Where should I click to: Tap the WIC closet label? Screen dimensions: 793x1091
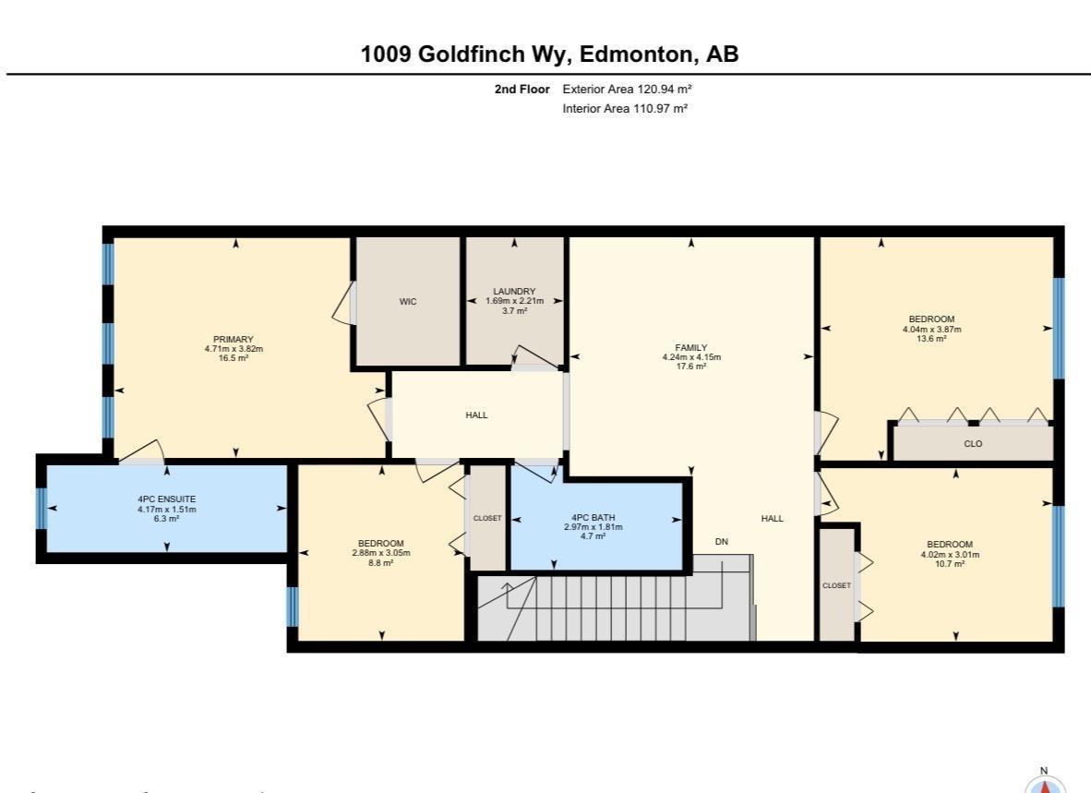coord(408,302)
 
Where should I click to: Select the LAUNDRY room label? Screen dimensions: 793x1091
coord(514,292)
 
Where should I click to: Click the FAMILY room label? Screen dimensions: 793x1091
coord(691,348)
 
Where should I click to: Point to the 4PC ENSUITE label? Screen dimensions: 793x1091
coord(166,499)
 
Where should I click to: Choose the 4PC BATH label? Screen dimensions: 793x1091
coord(593,517)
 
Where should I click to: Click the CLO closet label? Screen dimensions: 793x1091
coord(973,444)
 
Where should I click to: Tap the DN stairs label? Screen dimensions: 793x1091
coord(721,542)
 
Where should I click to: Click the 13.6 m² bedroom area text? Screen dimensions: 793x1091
coord(931,339)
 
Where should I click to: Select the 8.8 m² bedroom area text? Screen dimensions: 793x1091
coord(380,562)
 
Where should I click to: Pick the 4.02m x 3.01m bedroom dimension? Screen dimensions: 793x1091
coord(950,554)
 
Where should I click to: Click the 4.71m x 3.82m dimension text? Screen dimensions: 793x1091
coord(234,349)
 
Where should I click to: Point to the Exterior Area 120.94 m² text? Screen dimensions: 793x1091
coord(627,90)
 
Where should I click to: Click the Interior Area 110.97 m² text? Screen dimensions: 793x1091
coord(625,109)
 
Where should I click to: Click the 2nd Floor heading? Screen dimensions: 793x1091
coord(522,90)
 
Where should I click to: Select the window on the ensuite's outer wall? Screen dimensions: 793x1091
coord(42,508)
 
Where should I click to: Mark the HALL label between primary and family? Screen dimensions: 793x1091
coord(476,415)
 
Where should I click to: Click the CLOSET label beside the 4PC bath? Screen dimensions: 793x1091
coord(487,518)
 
